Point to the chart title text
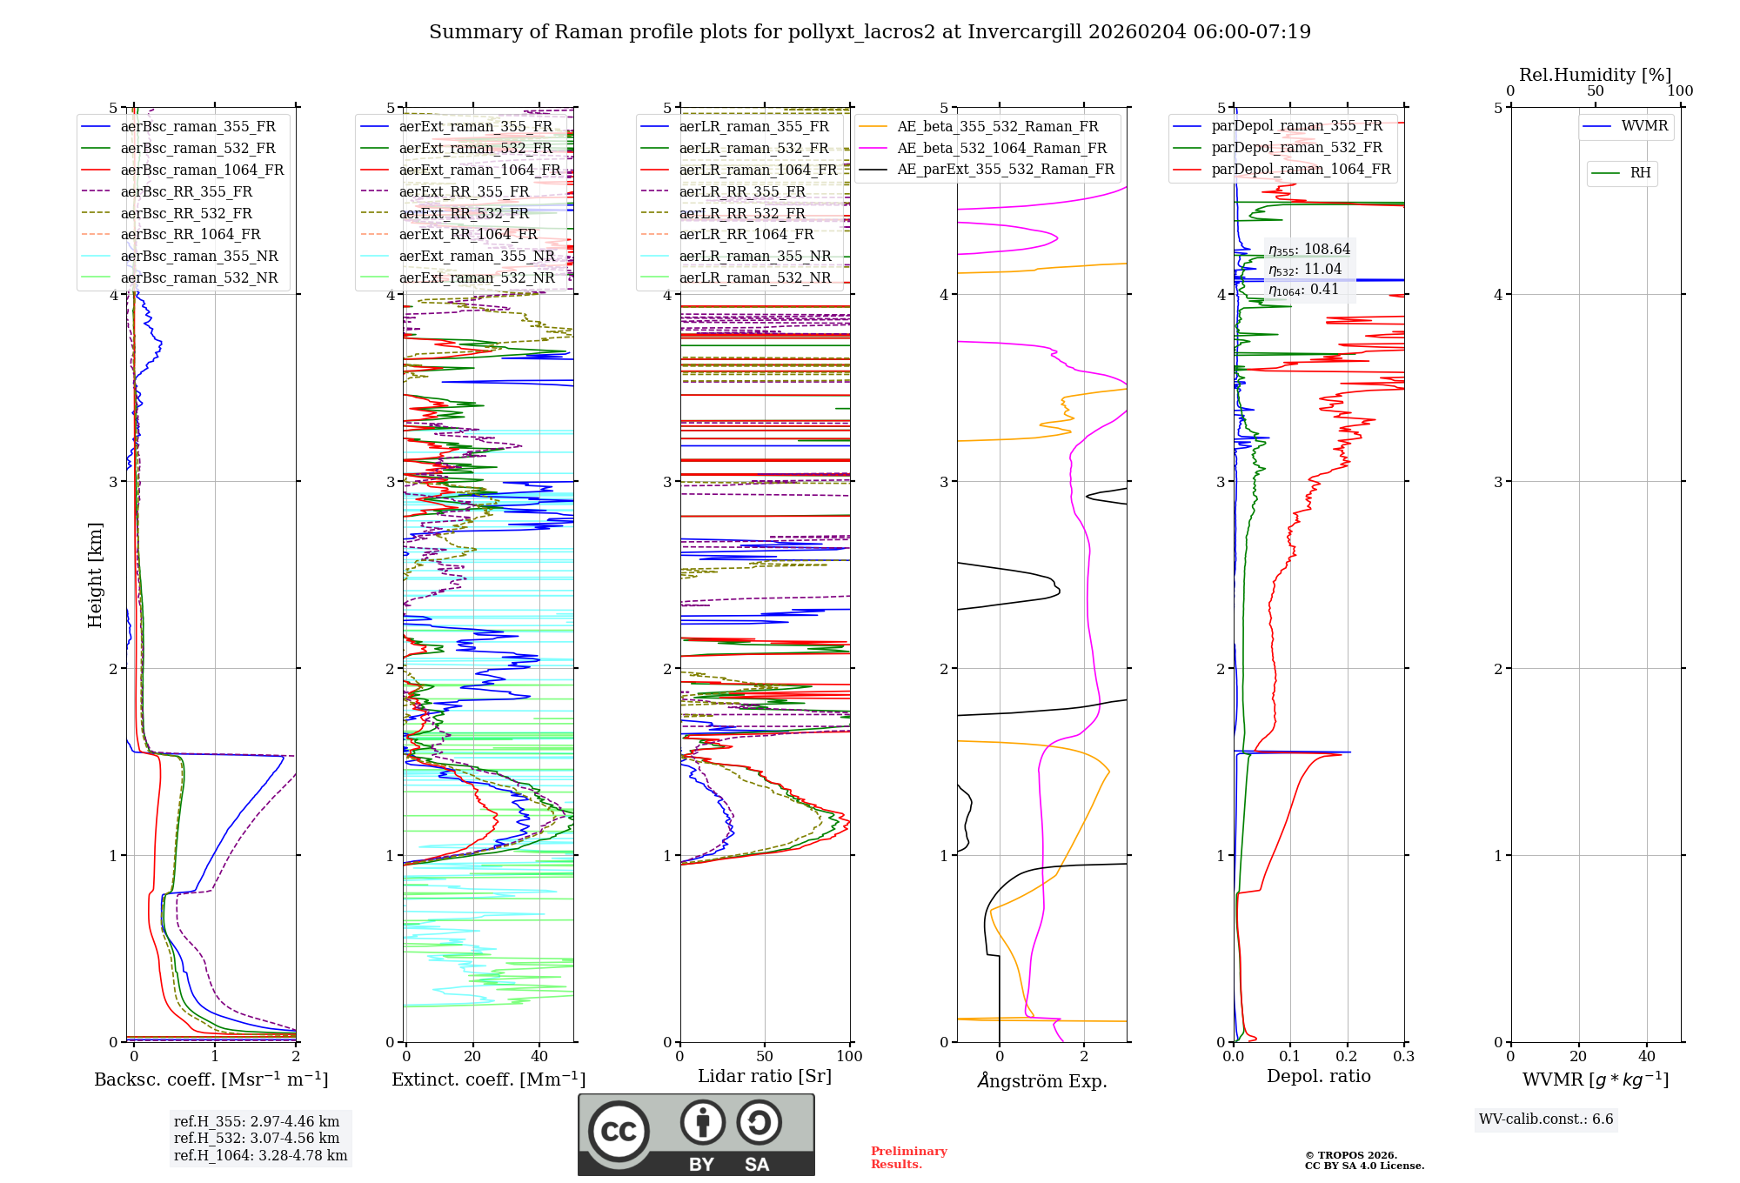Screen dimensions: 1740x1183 coord(870,32)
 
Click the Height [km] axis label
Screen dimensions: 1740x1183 coord(95,575)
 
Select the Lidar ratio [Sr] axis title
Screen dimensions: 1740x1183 coord(765,1076)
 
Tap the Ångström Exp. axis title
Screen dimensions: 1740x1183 coord(1042,1080)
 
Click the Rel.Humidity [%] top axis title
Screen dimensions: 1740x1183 coord(1596,75)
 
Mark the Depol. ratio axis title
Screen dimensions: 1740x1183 coord(1319,1076)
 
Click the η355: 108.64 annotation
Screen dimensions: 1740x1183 coord(1309,250)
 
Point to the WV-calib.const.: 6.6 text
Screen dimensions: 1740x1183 coord(1546,1120)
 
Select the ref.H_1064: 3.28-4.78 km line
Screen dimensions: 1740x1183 coord(260,1156)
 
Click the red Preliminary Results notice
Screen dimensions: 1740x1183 coord(909,1158)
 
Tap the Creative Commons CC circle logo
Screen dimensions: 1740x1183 coord(619,1132)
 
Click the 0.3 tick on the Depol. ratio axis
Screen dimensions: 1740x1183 coord(1403,1057)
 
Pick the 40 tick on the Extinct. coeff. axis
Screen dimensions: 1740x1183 coord(539,1057)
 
